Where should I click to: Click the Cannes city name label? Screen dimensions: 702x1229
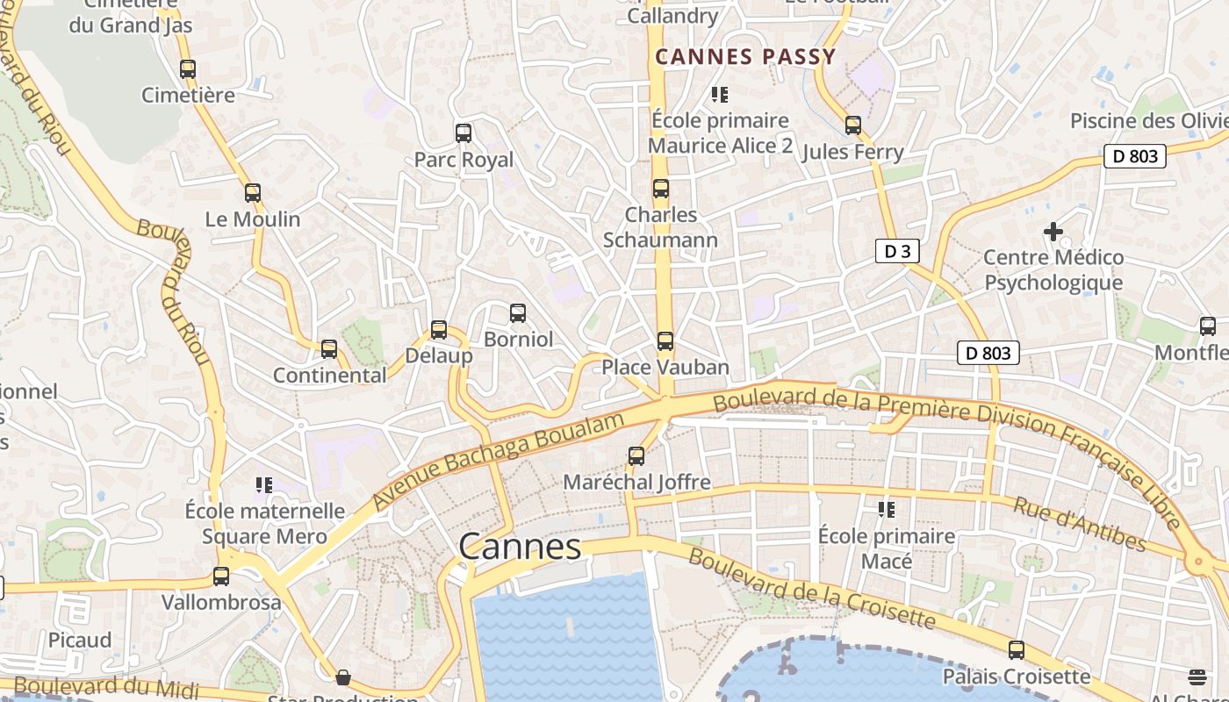pos(520,547)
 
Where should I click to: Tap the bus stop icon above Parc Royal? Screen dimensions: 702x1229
pos(464,133)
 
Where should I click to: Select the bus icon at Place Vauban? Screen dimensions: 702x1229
pos(665,341)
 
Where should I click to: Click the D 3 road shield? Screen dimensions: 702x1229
pos(896,252)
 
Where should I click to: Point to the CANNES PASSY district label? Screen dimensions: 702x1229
pos(745,57)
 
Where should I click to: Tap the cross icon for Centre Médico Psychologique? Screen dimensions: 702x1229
pos(1053,232)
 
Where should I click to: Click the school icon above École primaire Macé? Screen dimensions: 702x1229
pos(886,509)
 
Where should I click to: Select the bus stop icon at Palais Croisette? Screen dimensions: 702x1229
pos(1016,650)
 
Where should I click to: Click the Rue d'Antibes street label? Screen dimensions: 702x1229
pos(1079,524)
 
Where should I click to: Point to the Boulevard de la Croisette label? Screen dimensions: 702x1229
pos(812,589)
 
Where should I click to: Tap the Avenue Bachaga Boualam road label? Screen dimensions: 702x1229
pos(498,462)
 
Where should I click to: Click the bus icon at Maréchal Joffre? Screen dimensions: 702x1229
pos(636,456)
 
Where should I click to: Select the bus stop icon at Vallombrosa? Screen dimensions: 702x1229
pos(221,577)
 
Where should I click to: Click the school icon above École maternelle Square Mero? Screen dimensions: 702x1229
pos(264,484)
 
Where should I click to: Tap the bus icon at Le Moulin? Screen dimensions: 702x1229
pos(253,193)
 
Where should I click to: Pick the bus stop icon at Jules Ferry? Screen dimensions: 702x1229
pos(853,125)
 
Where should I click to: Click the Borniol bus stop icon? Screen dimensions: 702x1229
pos(518,313)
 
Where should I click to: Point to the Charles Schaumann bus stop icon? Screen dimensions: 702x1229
pos(661,189)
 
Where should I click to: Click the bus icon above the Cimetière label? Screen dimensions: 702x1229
pos(188,69)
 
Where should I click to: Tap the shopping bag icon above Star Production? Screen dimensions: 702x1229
pos(343,677)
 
